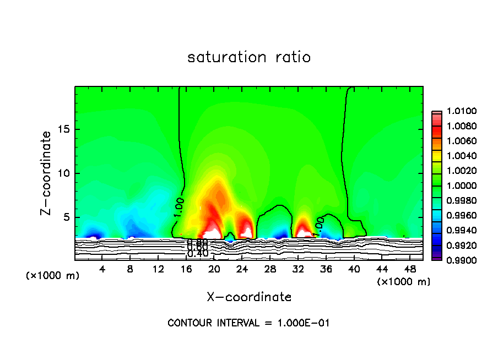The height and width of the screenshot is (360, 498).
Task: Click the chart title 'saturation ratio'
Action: pos(249,57)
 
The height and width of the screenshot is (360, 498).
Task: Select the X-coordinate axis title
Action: pos(249,297)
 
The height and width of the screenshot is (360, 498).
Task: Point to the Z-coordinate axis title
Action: pos(47,173)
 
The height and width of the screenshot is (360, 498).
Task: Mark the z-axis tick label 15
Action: pos(64,129)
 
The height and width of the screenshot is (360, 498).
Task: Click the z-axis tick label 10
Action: pos(64,173)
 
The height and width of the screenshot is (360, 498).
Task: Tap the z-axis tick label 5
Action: pos(67,217)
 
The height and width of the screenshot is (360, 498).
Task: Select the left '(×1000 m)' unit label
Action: pos(53,275)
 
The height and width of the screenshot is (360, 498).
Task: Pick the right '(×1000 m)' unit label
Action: pos(403,282)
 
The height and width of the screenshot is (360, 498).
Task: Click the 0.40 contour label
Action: pos(197,254)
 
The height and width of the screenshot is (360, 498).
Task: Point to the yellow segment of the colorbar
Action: pos(436,156)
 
